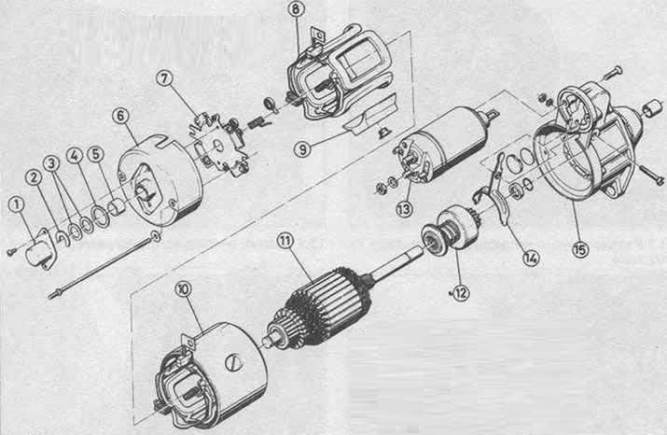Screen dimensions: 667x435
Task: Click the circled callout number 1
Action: [17, 204]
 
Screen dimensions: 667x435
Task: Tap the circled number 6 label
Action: [121, 116]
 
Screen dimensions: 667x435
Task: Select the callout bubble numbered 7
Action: [164, 78]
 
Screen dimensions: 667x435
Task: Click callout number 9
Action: [302, 149]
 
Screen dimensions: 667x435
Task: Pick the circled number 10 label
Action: [184, 289]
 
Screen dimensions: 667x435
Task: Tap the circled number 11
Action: [285, 241]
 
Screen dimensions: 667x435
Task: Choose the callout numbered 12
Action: [461, 292]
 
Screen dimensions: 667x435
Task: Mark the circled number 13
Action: [404, 208]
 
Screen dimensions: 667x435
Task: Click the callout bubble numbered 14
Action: [531, 258]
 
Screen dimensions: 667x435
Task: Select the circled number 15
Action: [580, 249]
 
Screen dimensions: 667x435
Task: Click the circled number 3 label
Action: [52, 163]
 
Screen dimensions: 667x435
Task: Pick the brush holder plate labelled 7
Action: [218, 145]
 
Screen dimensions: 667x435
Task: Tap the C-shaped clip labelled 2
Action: [63, 237]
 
